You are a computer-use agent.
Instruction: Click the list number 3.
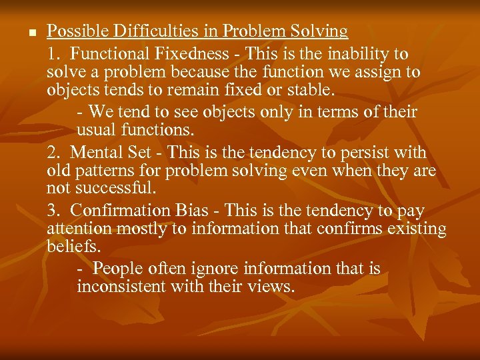[53, 211]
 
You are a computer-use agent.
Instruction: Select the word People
[116, 269]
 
